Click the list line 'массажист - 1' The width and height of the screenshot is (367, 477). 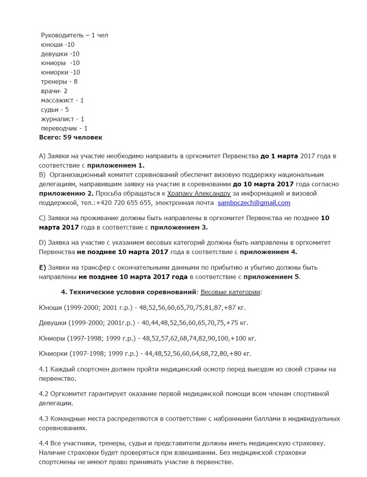pyautogui.click(x=63, y=100)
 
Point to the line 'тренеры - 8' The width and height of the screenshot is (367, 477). pyautogui.click(x=59, y=82)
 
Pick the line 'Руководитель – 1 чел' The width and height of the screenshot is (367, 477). pyautogui.click(x=75, y=35)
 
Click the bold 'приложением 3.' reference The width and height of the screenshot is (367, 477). pyautogui.click(x=179, y=227)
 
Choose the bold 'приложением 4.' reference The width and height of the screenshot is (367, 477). pyautogui.click(x=269, y=252)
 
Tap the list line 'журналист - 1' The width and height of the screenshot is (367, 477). pyautogui.click(x=63, y=119)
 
